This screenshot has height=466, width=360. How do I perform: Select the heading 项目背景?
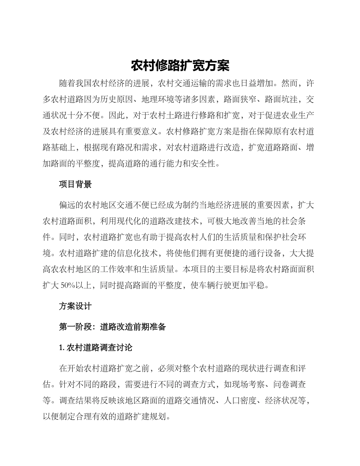point(75,185)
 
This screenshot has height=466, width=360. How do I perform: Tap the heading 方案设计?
point(75,306)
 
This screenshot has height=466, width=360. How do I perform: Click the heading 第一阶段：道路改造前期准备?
point(113,327)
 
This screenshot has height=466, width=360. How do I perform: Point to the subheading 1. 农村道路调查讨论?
point(95,347)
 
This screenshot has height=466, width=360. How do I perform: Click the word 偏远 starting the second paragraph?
point(67,205)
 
